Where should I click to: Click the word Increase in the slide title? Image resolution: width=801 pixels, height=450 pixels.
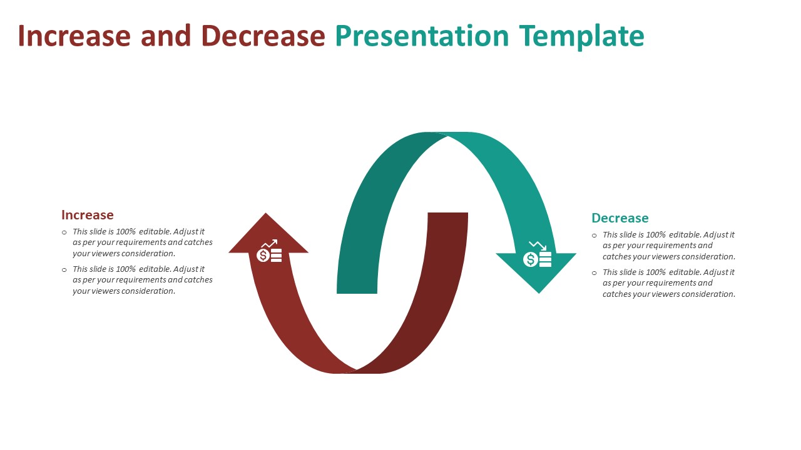(x=74, y=36)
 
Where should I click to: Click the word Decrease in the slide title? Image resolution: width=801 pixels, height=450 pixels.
(x=263, y=36)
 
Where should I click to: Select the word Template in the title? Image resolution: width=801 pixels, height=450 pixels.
(x=581, y=36)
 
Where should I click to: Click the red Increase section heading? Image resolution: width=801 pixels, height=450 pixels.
(x=88, y=215)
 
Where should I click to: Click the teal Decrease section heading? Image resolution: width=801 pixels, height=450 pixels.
(x=620, y=218)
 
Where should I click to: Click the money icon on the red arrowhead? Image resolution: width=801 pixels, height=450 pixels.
(x=270, y=252)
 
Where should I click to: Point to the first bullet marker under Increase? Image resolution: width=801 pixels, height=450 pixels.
(x=64, y=232)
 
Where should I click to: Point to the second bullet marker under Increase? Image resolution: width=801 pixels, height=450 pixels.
(x=64, y=270)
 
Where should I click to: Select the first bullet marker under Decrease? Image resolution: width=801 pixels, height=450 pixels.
(x=594, y=236)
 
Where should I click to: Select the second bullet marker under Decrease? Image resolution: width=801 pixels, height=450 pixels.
(x=594, y=273)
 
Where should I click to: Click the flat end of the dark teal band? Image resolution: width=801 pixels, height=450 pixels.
(x=357, y=290)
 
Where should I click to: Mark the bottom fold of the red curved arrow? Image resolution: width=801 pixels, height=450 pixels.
(x=356, y=370)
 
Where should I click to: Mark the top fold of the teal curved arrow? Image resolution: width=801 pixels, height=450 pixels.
(x=447, y=135)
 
